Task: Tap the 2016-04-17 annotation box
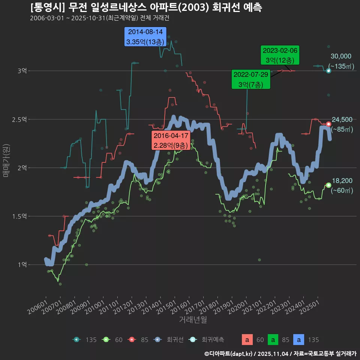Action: (171, 140)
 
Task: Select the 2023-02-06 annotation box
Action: (280, 55)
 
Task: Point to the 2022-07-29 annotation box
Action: (250, 79)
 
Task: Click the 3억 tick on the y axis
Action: (22, 71)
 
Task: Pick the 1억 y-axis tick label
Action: (22, 265)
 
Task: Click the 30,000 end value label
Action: (341, 56)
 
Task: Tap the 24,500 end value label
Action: (342, 120)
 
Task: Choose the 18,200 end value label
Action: (342, 181)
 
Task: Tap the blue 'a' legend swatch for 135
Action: (298, 340)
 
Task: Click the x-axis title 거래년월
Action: (193, 319)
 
